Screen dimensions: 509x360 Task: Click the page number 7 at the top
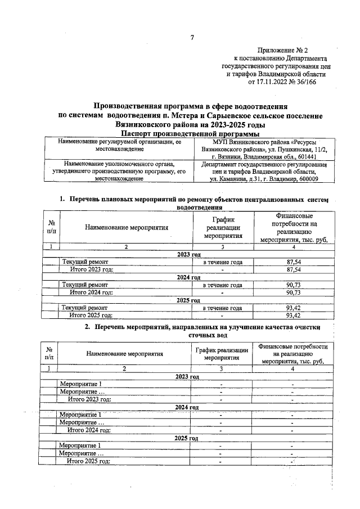click(x=192, y=38)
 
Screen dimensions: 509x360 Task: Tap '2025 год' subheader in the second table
click(x=186, y=438)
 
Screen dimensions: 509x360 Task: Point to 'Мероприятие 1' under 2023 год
click(x=80, y=384)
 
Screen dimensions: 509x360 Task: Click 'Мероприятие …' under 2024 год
click(x=82, y=422)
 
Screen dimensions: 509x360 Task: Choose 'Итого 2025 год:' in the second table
click(x=89, y=461)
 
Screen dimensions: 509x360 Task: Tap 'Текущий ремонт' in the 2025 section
click(x=85, y=308)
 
